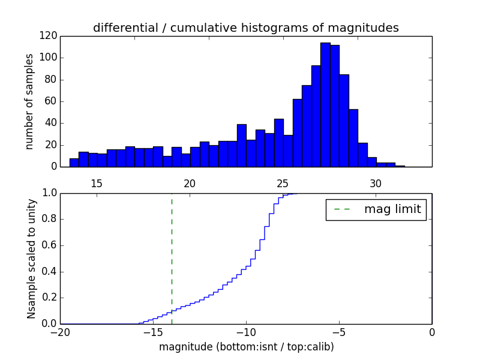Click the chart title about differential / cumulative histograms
pos(245,28)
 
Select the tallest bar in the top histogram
pos(325,105)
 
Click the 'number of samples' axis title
pos(29,101)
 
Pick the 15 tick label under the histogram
pos(97,183)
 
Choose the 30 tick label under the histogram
pos(376,183)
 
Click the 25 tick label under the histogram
pos(283,183)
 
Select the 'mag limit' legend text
pos(392,209)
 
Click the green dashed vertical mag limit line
pos(172,258)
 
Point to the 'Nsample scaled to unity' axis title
pos(31,259)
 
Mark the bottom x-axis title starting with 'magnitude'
pos(246,347)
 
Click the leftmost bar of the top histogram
pos(74,163)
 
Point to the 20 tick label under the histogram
pos(190,183)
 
